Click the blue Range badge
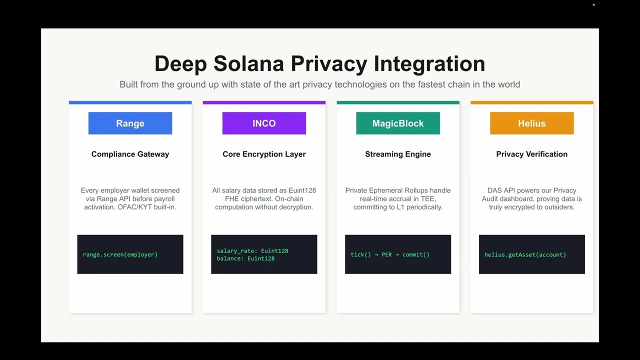pyautogui.click(x=130, y=123)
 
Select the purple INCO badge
pyautogui.click(x=264, y=123)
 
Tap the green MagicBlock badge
pyautogui.click(x=398, y=123)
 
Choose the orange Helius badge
pyautogui.click(x=531, y=123)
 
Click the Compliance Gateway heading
pyautogui.click(x=130, y=154)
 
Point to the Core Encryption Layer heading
pyautogui.click(x=264, y=154)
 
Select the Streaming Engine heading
pyautogui.click(x=398, y=154)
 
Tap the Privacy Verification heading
pyautogui.click(x=531, y=154)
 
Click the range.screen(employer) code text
pyautogui.click(x=120, y=254)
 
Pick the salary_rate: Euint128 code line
pyautogui.click(x=252, y=251)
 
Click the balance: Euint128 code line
pyautogui.click(x=245, y=258)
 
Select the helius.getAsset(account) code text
pyautogui.click(x=525, y=254)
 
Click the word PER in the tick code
pyautogui.click(x=386, y=254)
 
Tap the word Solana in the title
pyautogui.click(x=248, y=63)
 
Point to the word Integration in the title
pyautogui.click(x=429, y=64)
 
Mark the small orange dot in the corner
pyautogui.click(x=593, y=5)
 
